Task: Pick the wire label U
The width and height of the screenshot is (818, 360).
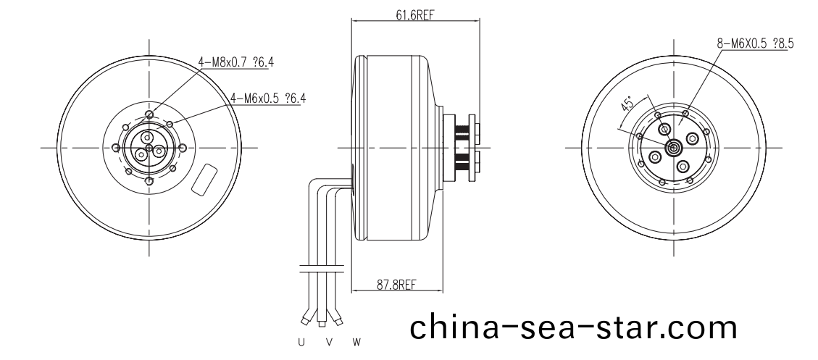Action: coord(301,341)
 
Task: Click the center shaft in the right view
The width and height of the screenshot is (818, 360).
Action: coord(673,148)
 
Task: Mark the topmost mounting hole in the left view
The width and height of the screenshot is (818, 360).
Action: coord(149,114)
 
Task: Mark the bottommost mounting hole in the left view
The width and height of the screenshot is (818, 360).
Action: coord(149,181)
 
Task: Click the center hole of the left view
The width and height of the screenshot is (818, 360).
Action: coord(149,148)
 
